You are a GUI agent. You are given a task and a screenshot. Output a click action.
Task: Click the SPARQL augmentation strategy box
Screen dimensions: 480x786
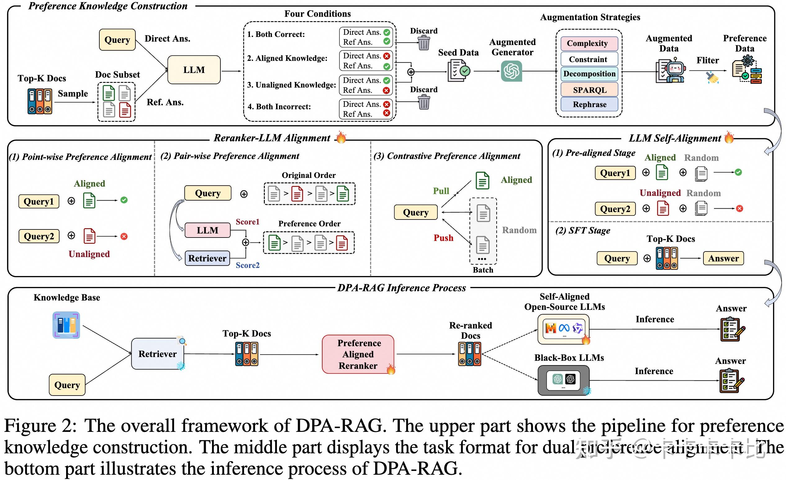pos(589,90)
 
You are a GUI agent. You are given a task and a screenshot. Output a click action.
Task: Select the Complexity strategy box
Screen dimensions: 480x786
pos(589,43)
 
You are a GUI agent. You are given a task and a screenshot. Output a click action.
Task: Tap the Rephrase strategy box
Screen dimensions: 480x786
pos(589,104)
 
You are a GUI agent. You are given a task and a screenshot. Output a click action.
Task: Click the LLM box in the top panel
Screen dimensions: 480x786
pos(194,70)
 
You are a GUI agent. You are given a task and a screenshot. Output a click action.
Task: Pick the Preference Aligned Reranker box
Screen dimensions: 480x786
pos(358,354)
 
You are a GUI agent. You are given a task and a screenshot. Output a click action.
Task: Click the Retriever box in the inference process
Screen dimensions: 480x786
pos(158,354)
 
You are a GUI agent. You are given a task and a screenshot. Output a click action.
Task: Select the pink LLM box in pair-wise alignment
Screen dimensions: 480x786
pos(207,230)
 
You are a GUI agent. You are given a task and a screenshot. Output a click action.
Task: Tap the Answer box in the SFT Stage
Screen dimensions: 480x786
pos(723,258)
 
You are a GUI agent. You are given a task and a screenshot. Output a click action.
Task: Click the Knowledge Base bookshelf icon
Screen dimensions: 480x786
pos(66,325)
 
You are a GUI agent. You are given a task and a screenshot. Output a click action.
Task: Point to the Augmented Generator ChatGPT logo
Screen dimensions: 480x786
pos(511,71)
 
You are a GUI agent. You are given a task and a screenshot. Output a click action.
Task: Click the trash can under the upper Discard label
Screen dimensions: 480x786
pos(424,43)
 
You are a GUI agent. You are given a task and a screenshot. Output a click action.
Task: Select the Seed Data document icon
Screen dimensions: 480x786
pos(458,70)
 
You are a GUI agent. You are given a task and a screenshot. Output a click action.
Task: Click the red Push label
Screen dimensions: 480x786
pos(443,238)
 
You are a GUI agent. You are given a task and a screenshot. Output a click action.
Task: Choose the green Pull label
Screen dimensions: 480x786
pos(441,191)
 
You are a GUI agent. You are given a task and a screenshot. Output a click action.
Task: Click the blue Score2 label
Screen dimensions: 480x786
pos(247,265)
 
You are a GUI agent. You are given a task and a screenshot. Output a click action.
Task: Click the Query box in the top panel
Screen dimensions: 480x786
pos(117,40)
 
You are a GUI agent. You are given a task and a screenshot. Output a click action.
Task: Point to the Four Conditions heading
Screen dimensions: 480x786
pos(317,14)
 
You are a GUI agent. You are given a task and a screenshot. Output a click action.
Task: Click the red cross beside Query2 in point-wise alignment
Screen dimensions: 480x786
pos(124,237)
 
